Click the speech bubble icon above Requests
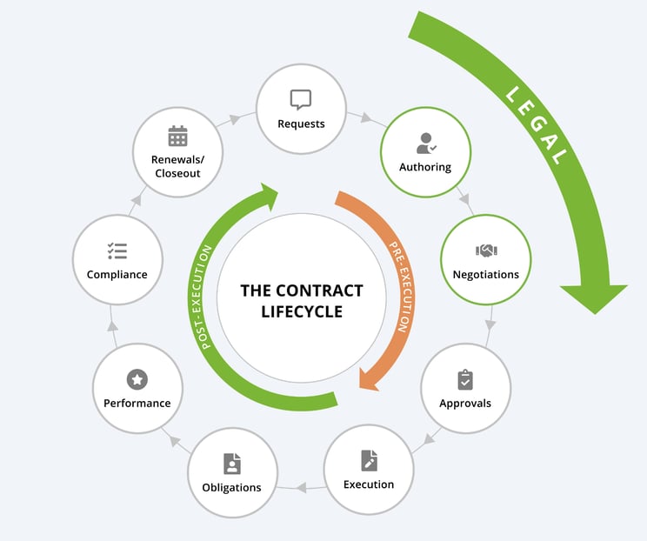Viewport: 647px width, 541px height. click(x=300, y=99)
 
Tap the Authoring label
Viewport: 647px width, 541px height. click(x=424, y=166)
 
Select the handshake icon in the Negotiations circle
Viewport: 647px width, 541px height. click(x=485, y=250)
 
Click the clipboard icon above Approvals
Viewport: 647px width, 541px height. click(x=464, y=380)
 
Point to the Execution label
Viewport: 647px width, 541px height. click(x=368, y=484)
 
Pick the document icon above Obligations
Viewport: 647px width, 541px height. click(x=231, y=463)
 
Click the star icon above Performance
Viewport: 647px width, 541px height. click(x=137, y=379)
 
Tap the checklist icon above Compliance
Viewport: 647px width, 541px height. click(x=117, y=250)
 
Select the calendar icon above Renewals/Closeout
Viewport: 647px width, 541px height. click(x=177, y=137)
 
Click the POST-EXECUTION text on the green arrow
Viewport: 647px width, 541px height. click(x=208, y=297)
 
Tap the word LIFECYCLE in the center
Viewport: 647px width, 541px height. click(x=302, y=311)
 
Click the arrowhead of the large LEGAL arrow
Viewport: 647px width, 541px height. click(x=594, y=296)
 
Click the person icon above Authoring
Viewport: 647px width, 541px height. click(x=424, y=143)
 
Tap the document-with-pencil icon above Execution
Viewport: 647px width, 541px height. click(x=368, y=460)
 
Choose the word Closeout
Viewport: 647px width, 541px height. click(x=177, y=173)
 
